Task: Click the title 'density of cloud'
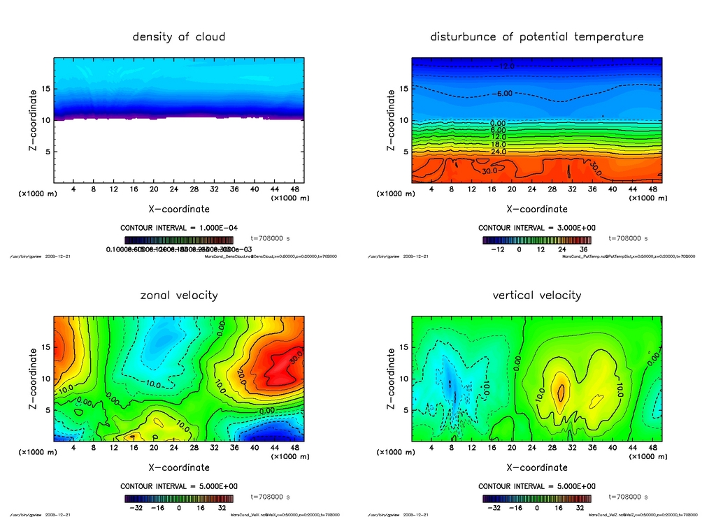[x=178, y=36]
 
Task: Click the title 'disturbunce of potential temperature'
[x=536, y=36]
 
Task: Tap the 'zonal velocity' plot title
[x=178, y=295]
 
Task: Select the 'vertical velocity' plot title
[x=536, y=295]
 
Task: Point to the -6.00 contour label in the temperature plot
[x=505, y=93]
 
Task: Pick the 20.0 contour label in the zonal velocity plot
[x=241, y=377]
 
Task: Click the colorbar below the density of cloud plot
[x=178, y=240]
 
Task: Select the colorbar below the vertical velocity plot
[x=536, y=499]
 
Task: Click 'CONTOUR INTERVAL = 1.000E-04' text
[x=178, y=228]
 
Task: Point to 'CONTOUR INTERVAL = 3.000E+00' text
[x=536, y=228]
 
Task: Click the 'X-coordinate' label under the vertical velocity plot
[x=536, y=467]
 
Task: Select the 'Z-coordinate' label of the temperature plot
[x=391, y=120]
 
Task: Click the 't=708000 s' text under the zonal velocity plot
[x=270, y=497]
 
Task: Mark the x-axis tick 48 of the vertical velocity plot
[x=652, y=448]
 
